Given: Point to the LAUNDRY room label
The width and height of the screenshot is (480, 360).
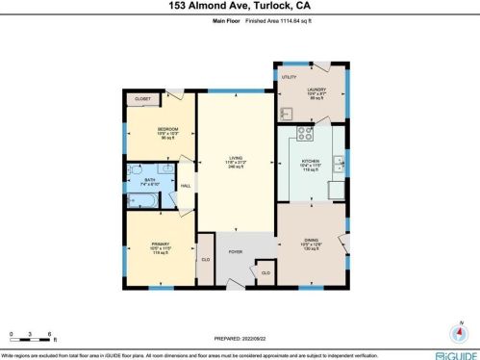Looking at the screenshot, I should (x=316, y=90).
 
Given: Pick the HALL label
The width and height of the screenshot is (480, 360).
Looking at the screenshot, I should (x=186, y=186).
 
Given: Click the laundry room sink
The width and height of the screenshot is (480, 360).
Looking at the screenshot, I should (x=286, y=113).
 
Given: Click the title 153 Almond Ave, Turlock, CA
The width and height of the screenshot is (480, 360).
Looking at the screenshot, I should (x=240, y=7).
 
